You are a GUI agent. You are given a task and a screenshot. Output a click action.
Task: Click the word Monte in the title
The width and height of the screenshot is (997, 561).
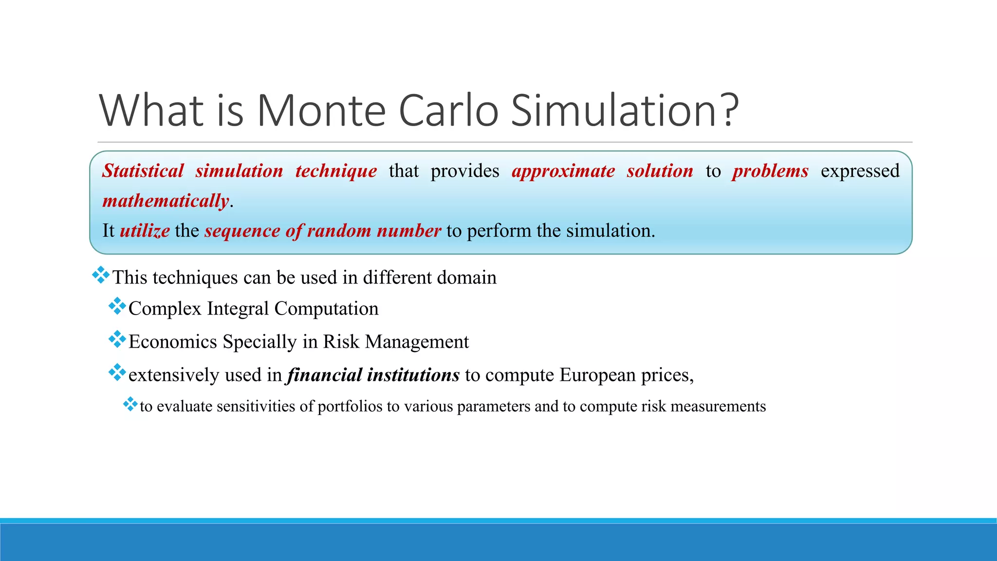[x=321, y=111]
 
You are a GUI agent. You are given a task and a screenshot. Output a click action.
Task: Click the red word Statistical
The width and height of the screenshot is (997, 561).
[x=143, y=171]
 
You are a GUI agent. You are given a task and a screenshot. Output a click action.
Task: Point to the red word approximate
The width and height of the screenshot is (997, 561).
[x=563, y=171]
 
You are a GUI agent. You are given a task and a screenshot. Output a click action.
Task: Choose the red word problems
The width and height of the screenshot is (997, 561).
[x=770, y=171]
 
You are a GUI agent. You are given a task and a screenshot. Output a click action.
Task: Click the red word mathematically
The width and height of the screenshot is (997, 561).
[x=166, y=201]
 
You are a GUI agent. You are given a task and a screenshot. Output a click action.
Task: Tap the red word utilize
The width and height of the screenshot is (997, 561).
[x=145, y=230]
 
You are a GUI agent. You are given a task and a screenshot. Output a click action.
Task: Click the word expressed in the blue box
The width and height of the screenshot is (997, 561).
[x=860, y=171]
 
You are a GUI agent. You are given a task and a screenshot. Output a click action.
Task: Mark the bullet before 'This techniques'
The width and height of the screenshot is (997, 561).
[x=101, y=275]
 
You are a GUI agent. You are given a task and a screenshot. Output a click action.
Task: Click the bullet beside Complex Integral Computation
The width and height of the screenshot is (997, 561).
[x=117, y=306]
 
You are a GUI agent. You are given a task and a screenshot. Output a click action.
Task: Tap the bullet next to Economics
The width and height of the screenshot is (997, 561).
[x=117, y=339]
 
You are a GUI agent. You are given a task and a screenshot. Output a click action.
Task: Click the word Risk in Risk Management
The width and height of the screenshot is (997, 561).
[x=341, y=342]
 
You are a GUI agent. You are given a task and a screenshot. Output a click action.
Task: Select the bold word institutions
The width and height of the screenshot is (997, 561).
[x=413, y=375]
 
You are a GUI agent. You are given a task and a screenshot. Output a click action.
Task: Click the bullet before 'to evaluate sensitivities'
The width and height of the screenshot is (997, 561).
[x=130, y=404]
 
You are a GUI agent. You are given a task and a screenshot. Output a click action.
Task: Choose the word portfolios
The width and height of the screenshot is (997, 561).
[x=350, y=406]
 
